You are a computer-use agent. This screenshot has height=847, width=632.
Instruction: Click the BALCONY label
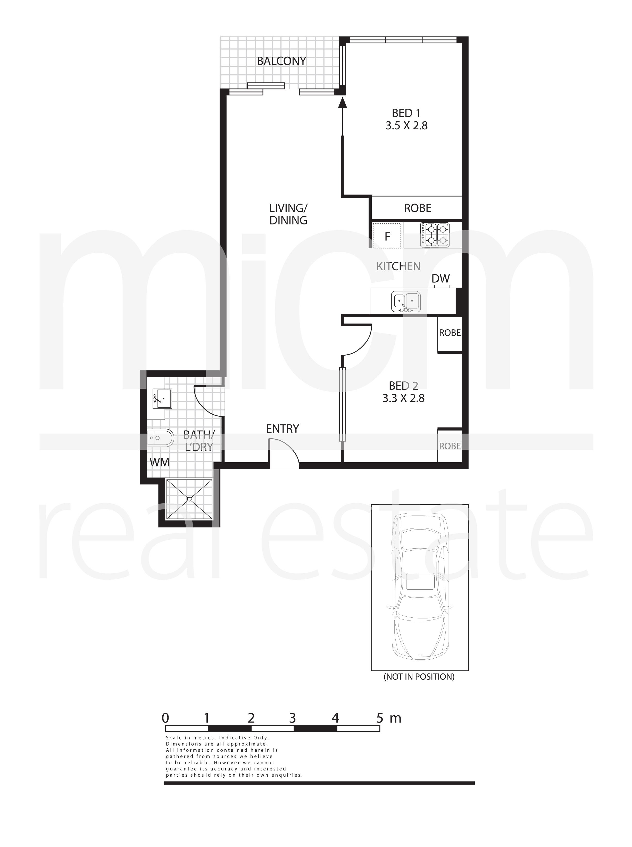pyautogui.click(x=281, y=61)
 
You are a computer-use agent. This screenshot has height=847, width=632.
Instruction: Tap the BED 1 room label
pyautogui.click(x=406, y=113)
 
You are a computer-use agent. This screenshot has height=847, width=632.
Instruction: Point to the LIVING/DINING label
pyautogui.click(x=288, y=214)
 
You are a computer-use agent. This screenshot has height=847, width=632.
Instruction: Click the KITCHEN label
pyautogui.click(x=398, y=266)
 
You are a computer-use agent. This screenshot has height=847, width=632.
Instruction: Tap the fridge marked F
pyautogui.click(x=387, y=236)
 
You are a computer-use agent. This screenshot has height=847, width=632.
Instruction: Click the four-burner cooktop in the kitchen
pyautogui.click(x=435, y=234)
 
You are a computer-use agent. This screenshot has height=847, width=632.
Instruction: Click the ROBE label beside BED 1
pyautogui.click(x=417, y=208)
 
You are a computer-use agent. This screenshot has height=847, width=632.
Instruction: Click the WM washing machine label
pyautogui.click(x=160, y=462)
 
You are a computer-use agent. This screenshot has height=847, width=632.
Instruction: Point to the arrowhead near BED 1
pyautogui.click(x=342, y=102)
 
